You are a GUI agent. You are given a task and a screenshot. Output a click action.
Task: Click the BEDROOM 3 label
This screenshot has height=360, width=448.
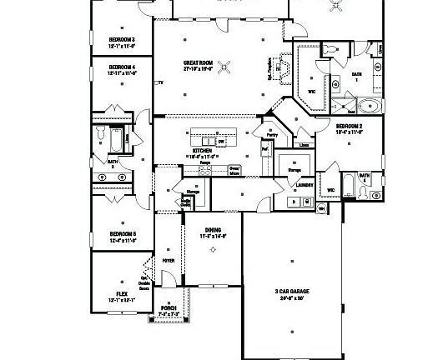(122, 39)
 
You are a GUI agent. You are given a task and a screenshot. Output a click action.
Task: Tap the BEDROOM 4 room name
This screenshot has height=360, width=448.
(122, 66)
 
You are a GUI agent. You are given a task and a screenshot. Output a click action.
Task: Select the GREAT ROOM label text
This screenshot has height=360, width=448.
(199, 62)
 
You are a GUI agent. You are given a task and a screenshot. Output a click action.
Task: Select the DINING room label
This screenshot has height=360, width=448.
(214, 232)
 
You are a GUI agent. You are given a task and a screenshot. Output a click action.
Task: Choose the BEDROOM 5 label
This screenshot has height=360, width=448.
(122, 234)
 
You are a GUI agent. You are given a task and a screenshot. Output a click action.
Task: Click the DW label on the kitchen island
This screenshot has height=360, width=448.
(222, 142)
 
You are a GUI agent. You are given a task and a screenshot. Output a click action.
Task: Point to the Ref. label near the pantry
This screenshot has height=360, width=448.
(264, 150)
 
